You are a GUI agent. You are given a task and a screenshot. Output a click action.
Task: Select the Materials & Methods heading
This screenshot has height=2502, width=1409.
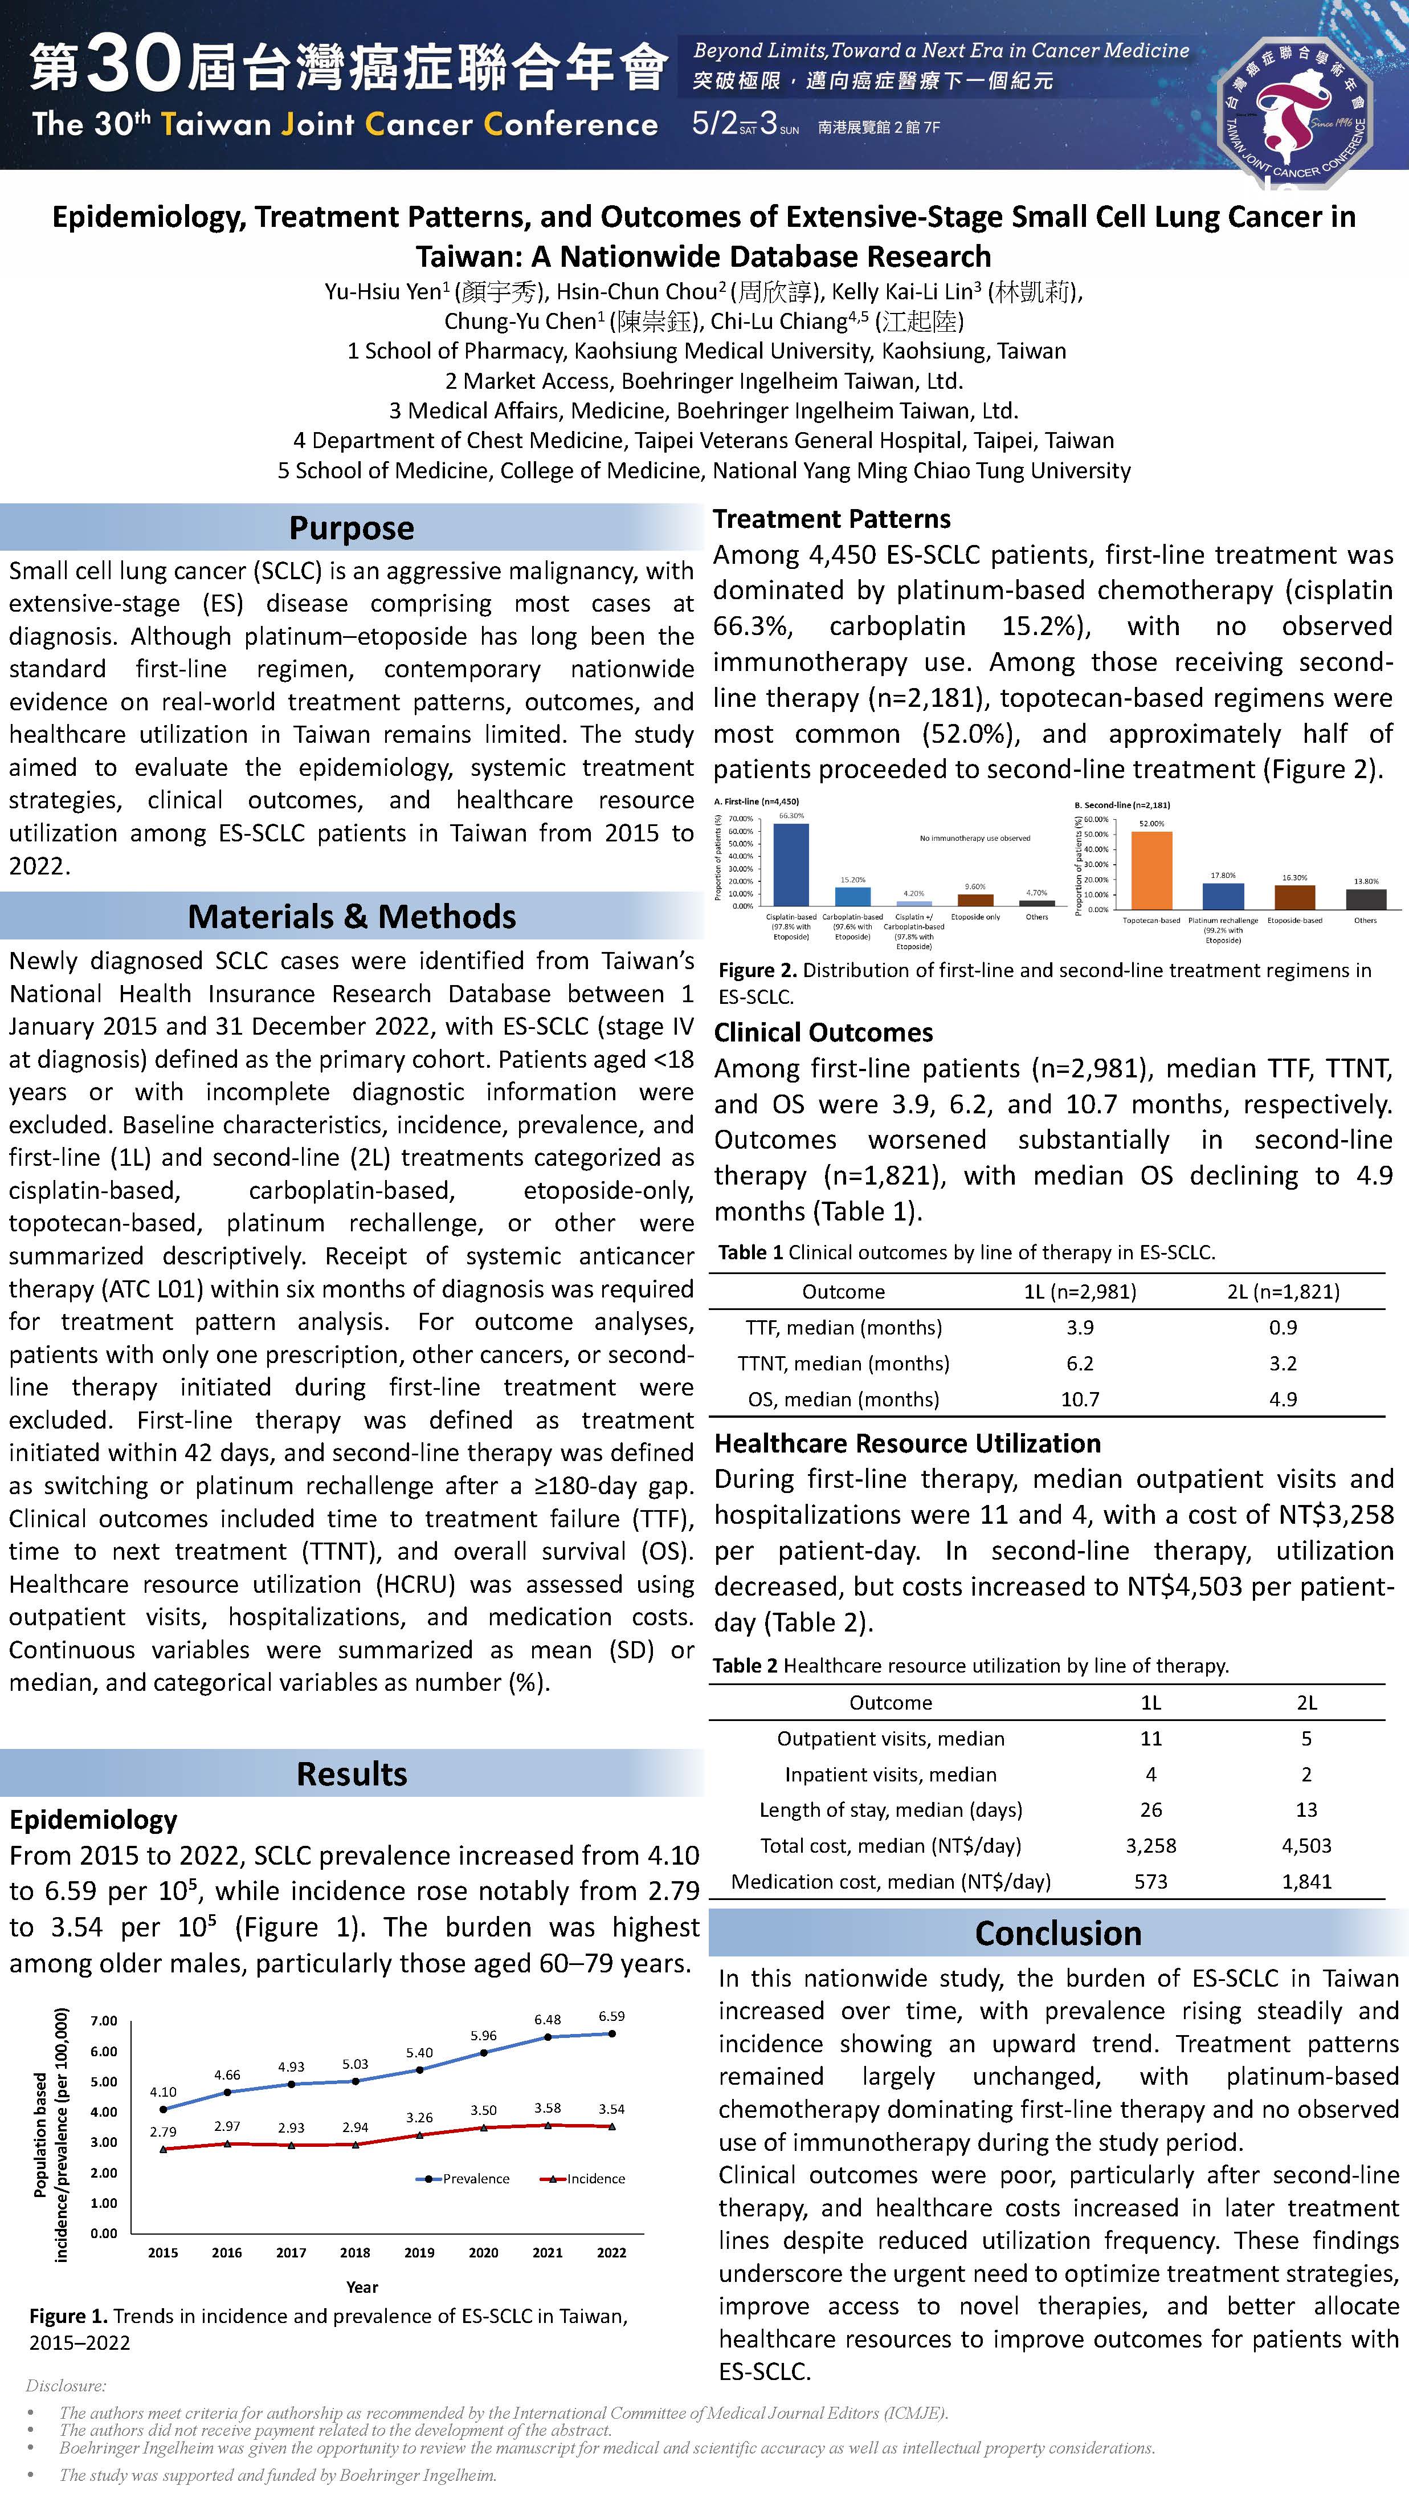click(x=352, y=916)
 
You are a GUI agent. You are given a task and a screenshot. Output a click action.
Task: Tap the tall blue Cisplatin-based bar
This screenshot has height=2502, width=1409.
click(x=790, y=864)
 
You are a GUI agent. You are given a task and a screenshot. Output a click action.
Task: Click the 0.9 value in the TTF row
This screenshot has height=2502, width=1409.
click(x=1283, y=1327)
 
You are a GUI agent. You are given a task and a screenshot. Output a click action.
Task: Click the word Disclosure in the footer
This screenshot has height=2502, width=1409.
click(x=66, y=2385)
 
